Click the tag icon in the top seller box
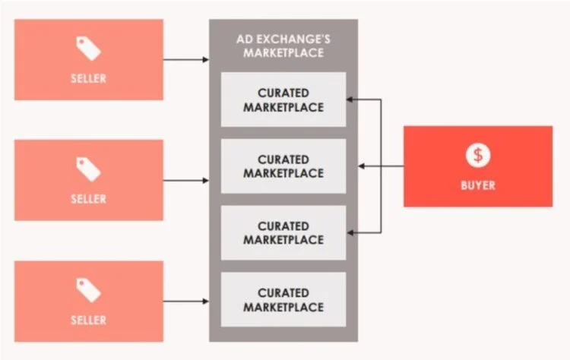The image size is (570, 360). [88, 49]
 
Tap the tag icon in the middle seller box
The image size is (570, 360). [88, 169]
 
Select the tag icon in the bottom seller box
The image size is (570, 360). [88, 290]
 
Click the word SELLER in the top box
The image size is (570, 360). [88, 78]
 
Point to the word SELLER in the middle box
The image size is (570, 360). [88, 198]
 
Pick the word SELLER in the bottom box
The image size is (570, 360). [88, 320]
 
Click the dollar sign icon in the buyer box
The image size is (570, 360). [478, 156]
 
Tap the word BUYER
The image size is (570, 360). [478, 185]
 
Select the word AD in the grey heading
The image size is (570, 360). [245, 39]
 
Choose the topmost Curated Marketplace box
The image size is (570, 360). [283, 99]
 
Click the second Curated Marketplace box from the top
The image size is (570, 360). [283, 166]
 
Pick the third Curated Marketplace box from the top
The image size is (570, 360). [283, 232]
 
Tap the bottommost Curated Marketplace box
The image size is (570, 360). [283, 299]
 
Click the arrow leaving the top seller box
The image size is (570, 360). [185, 59]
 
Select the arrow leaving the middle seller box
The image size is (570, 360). [185, 180]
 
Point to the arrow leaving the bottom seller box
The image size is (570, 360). [185, 302]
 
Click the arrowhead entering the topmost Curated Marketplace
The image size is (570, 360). [350, 99]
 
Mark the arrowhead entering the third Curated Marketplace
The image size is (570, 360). [350, 232]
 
